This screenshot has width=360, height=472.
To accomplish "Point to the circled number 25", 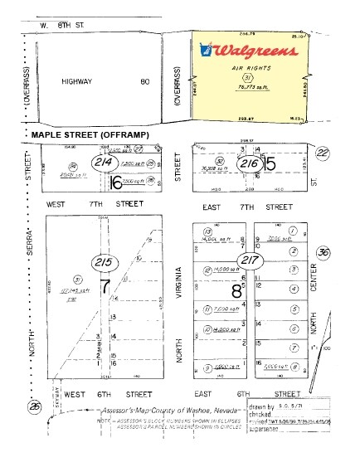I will coord(34,407).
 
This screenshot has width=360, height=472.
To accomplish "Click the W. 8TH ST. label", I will coord(62,26).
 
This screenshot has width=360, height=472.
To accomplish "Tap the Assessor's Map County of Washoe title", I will coord(171,411).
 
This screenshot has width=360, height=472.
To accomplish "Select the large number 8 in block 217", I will coord(236,291).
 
